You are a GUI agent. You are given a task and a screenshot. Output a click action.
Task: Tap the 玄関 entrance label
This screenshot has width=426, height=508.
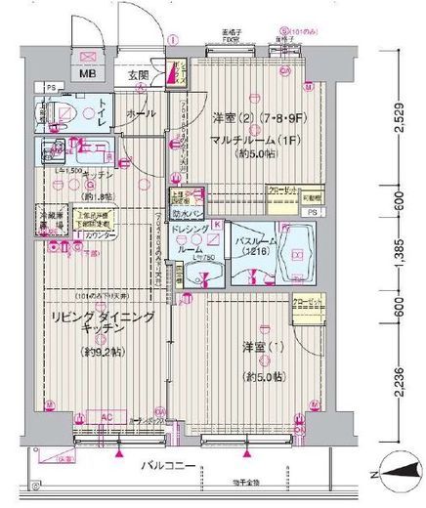coord(138,74)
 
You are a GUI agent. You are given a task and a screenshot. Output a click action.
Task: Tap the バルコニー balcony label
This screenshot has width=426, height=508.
coord(166,467)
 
